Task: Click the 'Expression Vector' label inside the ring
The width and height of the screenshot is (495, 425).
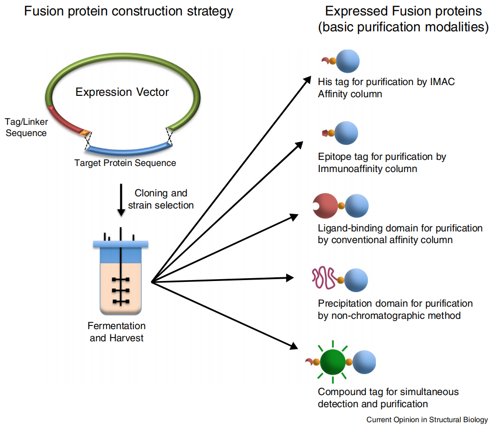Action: point(122,92)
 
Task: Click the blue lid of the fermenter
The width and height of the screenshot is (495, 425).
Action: point(121,244)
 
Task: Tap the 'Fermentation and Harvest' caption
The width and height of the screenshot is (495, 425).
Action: point(117,331)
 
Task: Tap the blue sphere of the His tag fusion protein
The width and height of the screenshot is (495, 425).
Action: point(347,61)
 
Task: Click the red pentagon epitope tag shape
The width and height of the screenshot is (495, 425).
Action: point(324,133)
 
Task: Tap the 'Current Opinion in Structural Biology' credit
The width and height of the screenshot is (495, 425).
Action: point(427,419)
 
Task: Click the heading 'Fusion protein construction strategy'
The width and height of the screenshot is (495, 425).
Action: point(129,11)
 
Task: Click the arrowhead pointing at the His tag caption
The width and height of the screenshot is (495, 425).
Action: point(306,79)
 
